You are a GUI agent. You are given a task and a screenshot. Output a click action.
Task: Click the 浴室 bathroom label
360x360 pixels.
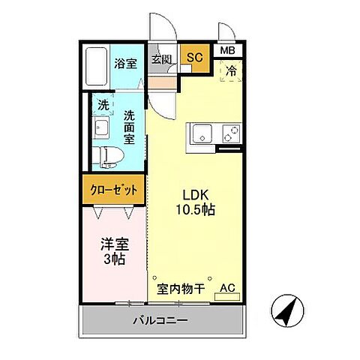126,64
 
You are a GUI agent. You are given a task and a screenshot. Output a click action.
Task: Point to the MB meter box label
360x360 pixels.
227,51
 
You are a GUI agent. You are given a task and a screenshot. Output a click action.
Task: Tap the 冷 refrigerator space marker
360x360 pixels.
232,71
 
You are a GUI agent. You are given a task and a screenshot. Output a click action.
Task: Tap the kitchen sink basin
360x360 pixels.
203,136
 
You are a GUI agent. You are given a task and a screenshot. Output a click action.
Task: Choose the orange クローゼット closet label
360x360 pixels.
113,190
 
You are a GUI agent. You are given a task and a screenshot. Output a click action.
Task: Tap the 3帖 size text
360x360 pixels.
113,260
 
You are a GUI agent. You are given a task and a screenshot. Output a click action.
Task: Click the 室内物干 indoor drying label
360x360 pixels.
181,287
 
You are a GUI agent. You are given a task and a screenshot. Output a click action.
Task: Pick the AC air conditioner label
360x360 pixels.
227,287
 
